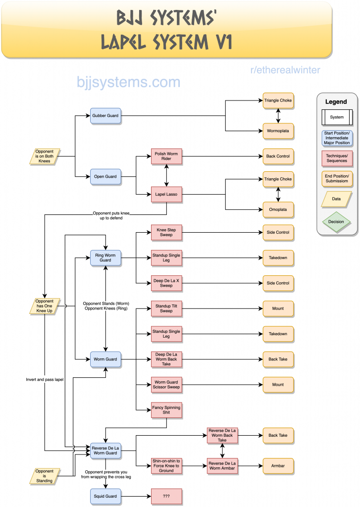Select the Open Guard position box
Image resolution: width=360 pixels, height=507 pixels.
click(105, 177)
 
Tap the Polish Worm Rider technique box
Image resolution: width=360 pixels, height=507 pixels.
click(166, 156)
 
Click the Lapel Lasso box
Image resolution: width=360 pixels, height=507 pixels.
click(166, 194)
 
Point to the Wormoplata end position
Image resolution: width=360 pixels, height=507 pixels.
click(278, 131)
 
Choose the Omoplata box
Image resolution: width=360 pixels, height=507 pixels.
click(278, 209)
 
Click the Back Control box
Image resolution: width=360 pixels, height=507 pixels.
click(278, 156)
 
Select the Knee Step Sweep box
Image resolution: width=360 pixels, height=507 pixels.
click(166, 233)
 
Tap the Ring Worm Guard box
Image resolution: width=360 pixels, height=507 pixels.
click(105, 258)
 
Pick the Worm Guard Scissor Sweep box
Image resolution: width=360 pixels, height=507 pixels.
click(166, 385)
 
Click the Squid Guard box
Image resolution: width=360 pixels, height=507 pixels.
click(105, 496)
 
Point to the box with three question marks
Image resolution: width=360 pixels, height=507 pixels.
click(166, 496)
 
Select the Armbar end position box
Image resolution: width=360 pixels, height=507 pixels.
click(278, 466)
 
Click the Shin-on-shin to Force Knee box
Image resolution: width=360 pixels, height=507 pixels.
click(166, 466)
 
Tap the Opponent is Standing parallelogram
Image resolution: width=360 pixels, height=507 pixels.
click(45, 476)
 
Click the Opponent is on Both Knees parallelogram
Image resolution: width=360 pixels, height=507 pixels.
click(45, 156)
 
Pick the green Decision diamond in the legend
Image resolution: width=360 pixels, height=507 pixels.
click(337, 222)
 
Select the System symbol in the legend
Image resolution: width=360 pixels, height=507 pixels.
click(337, 117)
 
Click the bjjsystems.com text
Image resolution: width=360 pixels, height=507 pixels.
click(128, 82)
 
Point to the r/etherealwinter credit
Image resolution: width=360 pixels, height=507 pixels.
click(285, 70)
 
